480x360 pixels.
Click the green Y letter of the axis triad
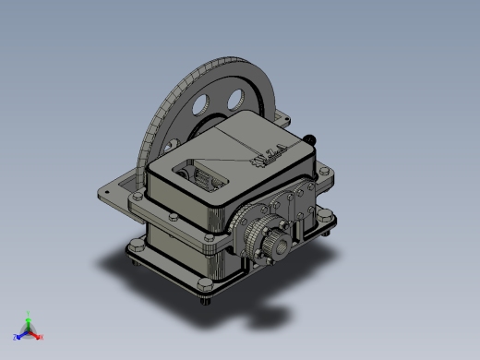(30, 314)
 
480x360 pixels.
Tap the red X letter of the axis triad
(42, 337)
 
